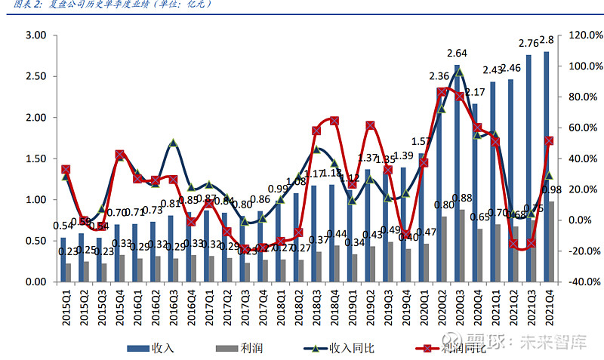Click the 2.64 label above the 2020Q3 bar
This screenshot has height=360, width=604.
[457, 53]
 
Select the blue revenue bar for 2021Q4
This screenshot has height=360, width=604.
[546, 166]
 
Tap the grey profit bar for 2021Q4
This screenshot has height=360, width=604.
[552, 242]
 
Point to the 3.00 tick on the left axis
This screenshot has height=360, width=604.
[36, 35]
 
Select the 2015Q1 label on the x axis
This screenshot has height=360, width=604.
[66, 306]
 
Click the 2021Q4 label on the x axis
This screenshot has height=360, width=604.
[549, 306]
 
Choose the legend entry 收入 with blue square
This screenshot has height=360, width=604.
[150, 348]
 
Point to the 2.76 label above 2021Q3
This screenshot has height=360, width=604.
[528, 42]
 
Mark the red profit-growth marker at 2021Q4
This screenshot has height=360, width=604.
[549, 141]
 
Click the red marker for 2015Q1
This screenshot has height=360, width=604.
[66, 170]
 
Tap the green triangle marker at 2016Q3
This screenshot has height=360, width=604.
[173, 143]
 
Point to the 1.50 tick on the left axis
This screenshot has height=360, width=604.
[36, 158]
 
